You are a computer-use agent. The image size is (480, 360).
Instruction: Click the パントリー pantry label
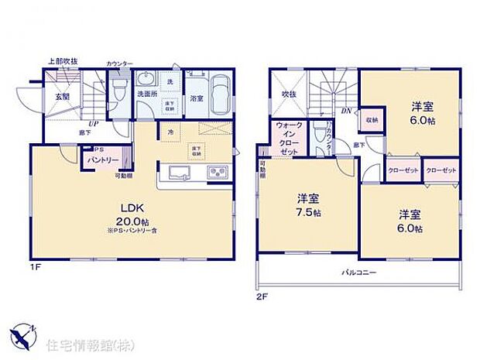pos(102,159)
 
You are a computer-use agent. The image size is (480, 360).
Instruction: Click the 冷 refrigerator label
pos(170,132)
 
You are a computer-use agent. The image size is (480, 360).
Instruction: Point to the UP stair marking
pos(92,124)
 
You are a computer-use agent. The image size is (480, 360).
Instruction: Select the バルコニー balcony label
pos(359,273)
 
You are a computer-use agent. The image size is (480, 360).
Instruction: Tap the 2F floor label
pos(262,297)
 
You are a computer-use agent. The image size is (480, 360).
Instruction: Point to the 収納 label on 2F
pos(372,121)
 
